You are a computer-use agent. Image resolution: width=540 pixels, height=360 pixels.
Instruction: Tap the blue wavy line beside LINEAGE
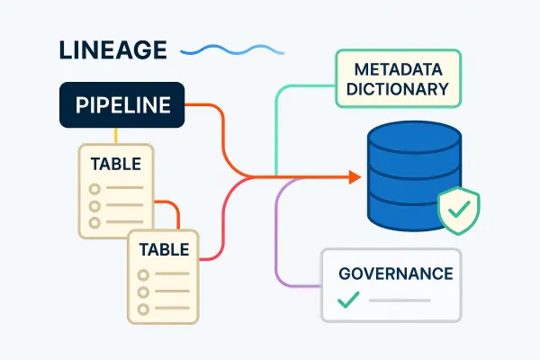point(226,49)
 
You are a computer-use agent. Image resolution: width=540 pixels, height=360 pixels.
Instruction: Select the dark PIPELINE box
point(121,105)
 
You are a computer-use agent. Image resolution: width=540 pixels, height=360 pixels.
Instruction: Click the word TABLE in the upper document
point(114,165)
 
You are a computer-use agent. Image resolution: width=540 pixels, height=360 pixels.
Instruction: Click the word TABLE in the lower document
point(165,248)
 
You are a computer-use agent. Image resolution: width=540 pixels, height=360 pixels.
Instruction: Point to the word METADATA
point(397,70)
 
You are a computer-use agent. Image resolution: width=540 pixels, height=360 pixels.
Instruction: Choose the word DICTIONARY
point(397,90)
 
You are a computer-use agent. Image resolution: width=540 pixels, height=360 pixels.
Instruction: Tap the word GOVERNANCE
point(395,274)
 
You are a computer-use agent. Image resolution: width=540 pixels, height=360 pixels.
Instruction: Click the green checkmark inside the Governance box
point(342,300)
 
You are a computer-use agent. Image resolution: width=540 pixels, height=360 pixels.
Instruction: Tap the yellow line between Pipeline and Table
point(115,135)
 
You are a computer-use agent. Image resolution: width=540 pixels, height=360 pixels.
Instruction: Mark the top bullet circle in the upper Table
point(94,189)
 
